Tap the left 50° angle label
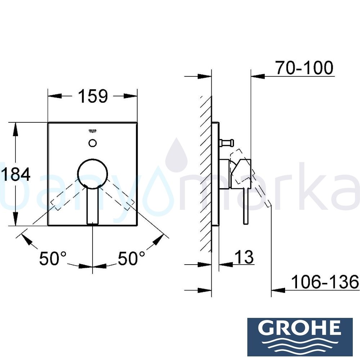point(53,258)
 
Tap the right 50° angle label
point(131,258)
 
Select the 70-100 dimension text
point(304,68)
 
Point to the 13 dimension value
point(244,257)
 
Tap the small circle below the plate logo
point(93,143)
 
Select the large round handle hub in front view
point(93,172)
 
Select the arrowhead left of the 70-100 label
point(258,76)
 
